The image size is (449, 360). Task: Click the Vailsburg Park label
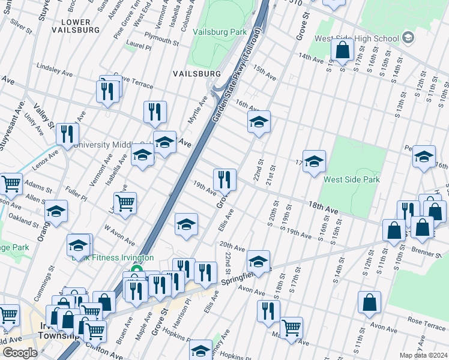coord(220,32)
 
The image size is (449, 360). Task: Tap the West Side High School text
coord(357,39)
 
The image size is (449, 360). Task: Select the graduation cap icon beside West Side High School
coord(408,38)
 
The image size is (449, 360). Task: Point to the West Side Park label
coord(352,179)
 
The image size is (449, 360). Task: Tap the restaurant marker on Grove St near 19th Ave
coord(224,179)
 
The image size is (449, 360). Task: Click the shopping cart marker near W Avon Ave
coord(125,203)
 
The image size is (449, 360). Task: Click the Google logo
coord(20,353)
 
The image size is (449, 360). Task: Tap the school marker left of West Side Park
coord(313,161)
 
